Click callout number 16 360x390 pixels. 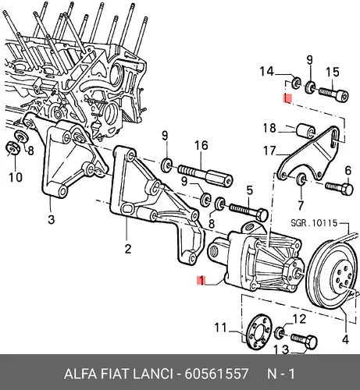click(201, 146)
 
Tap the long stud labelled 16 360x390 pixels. click(205, 175)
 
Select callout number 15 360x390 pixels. click(333, 72)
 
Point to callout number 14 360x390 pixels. click(267, 71)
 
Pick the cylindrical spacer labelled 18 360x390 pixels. click(305, 130)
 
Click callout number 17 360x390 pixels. click(269, 151)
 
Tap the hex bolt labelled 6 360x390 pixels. click(340, 188)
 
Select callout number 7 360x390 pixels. click(301, 205)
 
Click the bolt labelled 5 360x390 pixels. click(248, 211)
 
